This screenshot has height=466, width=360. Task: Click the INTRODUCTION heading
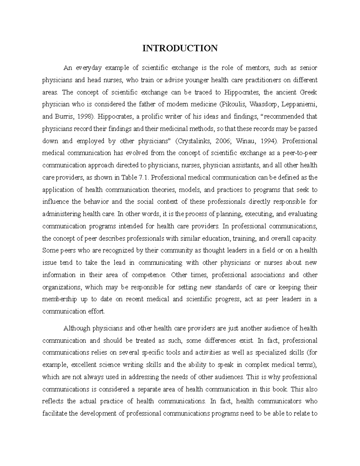coord(180,48)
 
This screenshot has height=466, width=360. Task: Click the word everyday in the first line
coord(89,68)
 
